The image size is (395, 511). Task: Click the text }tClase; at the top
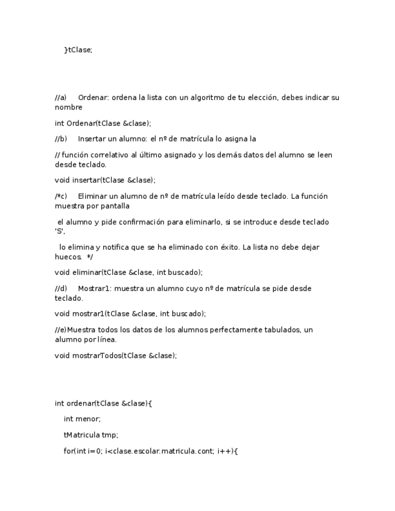click(x=78, y=50)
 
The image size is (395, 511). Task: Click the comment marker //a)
click(x=60, y=98)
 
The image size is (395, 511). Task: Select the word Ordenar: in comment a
click(x=93, y=98)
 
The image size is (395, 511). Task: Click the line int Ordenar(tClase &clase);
click(x=103, y=124)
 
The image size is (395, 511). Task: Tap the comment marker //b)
click(x=60, y=139)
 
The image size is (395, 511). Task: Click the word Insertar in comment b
click(x=92, y=139)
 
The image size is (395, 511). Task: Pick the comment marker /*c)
click(x=60, y=196)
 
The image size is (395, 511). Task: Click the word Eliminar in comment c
click(x=93, y=196)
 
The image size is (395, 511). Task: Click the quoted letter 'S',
click(x=60, y=231)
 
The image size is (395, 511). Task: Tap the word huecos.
click(x=68, y=257)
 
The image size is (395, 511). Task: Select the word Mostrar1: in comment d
click(x=95, y=289)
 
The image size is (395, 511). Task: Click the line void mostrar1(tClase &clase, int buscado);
click(x=130, y=314)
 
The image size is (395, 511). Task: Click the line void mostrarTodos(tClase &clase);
click(x=116, y=356)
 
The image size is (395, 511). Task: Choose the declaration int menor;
click(x=82, y=419)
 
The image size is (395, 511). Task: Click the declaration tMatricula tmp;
click(x=90, y=434)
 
